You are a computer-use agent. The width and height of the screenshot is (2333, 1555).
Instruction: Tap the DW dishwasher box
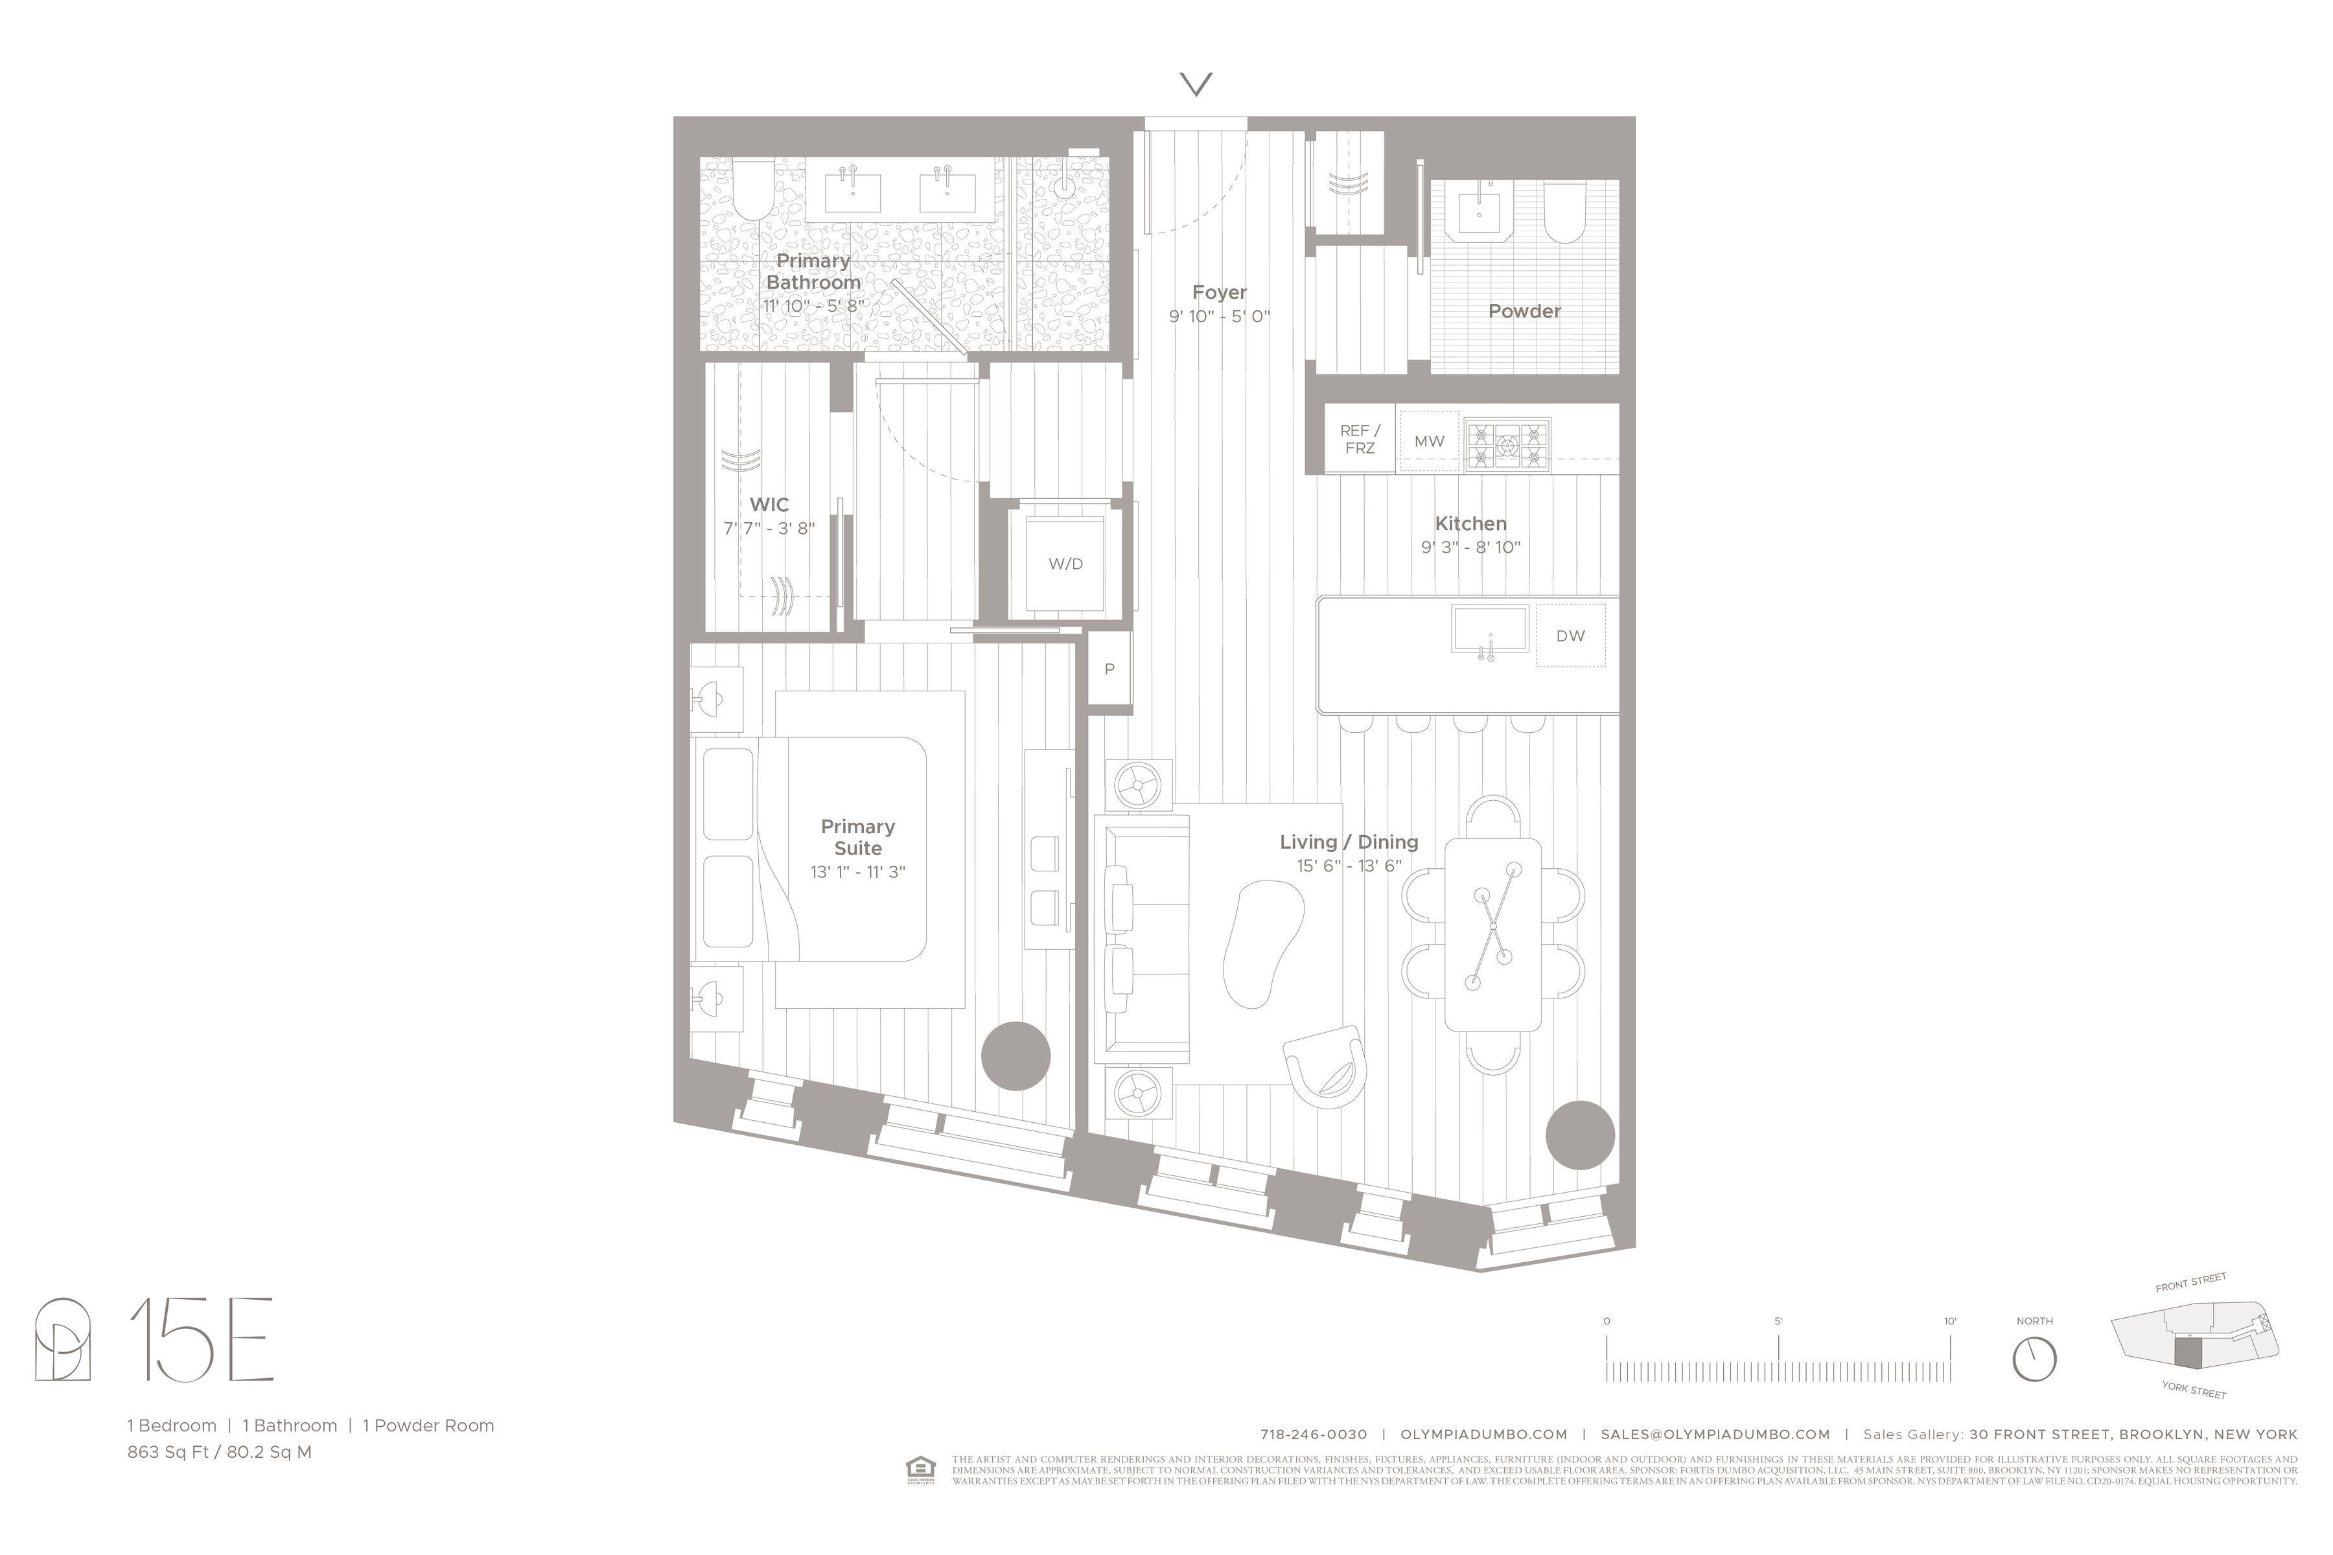pos(1570,636)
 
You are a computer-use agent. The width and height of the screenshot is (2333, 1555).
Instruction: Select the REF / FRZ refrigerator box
pos(1360,439)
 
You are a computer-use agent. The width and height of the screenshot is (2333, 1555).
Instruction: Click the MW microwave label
pos(1430,441)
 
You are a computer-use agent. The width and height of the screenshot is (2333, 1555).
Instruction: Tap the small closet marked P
pos(1109,669)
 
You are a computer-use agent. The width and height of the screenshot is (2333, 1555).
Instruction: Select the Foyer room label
pos(1219,293)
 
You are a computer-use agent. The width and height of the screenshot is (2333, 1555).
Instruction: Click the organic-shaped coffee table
pos(1262,942)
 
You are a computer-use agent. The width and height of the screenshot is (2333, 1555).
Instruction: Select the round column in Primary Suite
pos(1015,1056)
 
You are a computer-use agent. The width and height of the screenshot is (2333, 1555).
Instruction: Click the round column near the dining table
pos(1579,1135)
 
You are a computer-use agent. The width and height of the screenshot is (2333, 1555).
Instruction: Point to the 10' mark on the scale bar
pos(1949,1322)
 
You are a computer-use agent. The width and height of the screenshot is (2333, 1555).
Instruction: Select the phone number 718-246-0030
pos(1314,1434)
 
